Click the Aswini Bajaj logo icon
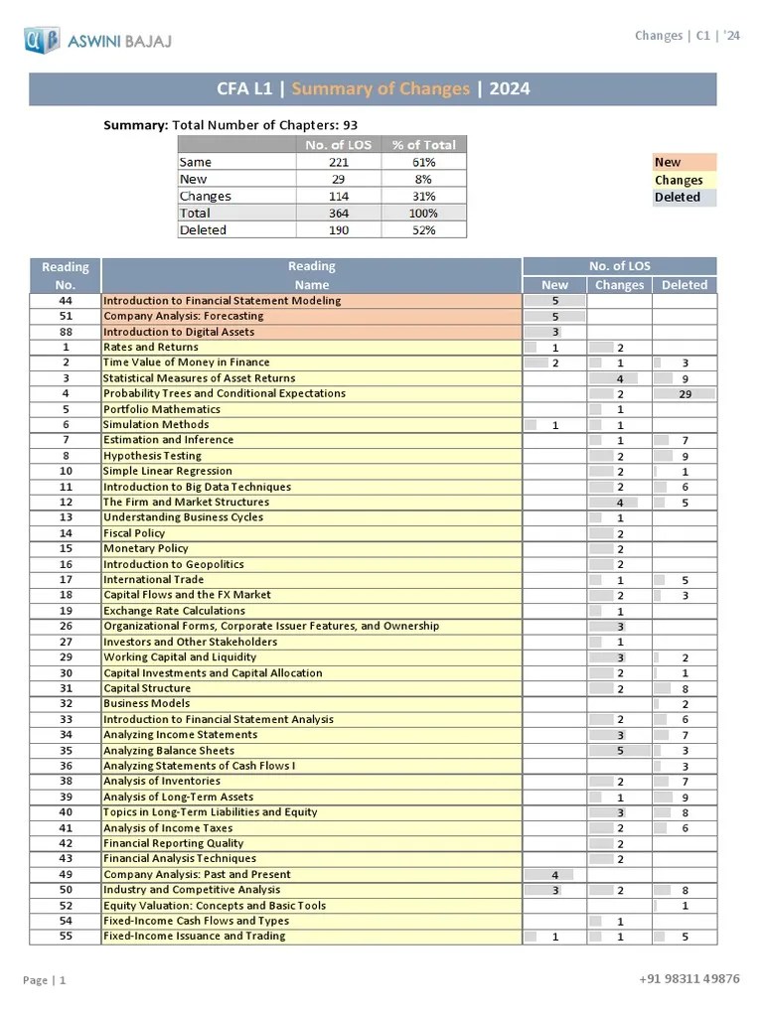click(43, 41)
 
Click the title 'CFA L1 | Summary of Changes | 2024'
click(373, 89)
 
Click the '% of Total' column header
click(423, 145)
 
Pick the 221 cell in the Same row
click(339, 162)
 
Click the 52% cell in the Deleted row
click(423, 230)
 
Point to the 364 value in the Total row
click(339, 214)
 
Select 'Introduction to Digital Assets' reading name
click(179, 332)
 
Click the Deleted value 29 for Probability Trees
click(685, 394)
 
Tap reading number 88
click(66, 332)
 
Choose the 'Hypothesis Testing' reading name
click(152, 456)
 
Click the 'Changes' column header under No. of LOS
click(619, 285)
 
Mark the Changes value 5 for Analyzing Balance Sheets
click(620, 751)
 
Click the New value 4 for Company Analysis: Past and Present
click(554, 875)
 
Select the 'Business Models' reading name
click(146, 703)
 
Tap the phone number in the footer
click(688, 979)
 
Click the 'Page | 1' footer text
click(45, 981)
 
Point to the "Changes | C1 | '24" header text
click(687, 36)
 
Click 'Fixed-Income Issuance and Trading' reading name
click(194, 937)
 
